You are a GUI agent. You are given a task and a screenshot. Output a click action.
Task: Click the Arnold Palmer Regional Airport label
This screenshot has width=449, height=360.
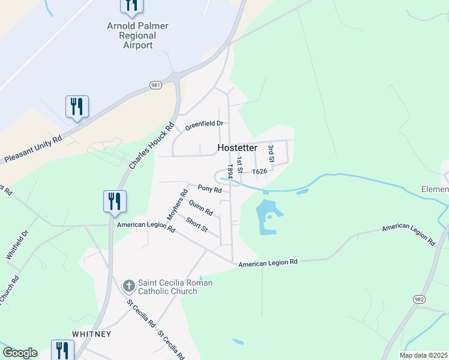[x=137, y=35]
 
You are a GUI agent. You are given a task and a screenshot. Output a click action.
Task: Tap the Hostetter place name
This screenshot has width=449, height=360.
[x=237, y=148]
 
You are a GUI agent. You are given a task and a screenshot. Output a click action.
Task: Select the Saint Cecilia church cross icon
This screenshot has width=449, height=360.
[x=128, y=286]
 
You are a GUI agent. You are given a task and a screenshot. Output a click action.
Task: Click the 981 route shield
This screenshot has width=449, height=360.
[x=156, y=85]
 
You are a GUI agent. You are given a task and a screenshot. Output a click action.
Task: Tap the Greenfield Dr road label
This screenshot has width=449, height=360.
[x=204, y=125]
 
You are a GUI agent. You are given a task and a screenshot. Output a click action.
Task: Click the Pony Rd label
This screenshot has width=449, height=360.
[x=209, y=190]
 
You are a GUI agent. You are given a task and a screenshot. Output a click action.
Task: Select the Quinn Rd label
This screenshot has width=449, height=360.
[x=200, y=208]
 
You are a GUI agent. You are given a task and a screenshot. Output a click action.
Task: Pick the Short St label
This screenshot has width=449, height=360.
[x=196, y=225]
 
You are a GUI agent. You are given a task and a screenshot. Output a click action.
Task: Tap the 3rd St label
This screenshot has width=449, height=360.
[x=271, y=153]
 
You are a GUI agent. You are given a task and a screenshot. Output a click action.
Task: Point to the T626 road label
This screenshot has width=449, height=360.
[x=259, y=172]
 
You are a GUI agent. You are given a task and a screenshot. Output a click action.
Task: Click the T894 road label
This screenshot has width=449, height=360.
[x=229, y=171]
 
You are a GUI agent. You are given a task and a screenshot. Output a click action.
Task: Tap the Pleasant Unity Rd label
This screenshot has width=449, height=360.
[x=33, y=149]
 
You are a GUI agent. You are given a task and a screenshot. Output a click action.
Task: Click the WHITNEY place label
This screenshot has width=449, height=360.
[x=92, y=334]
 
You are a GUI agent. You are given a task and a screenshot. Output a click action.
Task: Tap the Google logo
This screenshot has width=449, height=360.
[x=20, y=353]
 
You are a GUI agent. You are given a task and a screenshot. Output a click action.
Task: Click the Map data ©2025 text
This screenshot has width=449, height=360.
[x=423, y=355]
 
